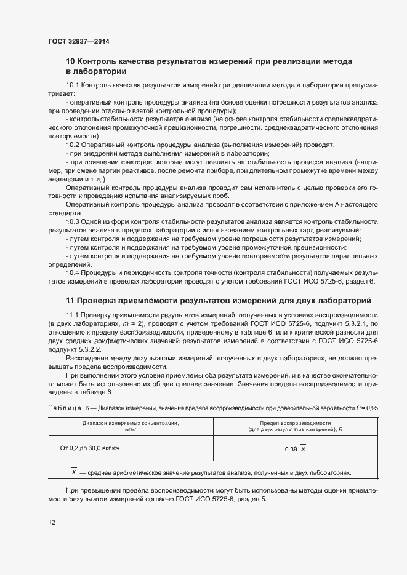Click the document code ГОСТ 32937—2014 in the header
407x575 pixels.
click(78, 42)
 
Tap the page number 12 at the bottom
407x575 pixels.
click(52, 523)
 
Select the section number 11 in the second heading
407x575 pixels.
click(70, 300)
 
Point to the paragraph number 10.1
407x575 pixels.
click(73, 84)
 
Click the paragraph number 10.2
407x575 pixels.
click(73, 144)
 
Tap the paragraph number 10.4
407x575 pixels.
click(73, 272)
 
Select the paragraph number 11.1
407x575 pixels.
click(73, 315)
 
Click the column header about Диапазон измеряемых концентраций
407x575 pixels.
click(131, 426)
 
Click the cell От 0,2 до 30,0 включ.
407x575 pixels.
click(91, 448)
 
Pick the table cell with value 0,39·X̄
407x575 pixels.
click(296, 449)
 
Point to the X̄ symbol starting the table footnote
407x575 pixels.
click(74, 472)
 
